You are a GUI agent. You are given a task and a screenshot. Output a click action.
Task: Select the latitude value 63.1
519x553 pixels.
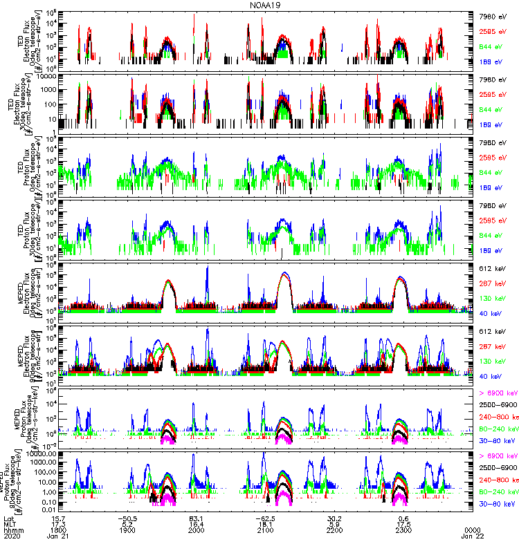[196, 520]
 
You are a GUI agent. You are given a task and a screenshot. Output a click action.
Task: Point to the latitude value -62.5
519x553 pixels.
[266, 520]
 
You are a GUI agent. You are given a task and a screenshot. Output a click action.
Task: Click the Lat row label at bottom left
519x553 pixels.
[9, 520]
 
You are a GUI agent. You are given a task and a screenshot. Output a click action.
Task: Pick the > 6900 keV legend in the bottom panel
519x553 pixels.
[498, 456]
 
